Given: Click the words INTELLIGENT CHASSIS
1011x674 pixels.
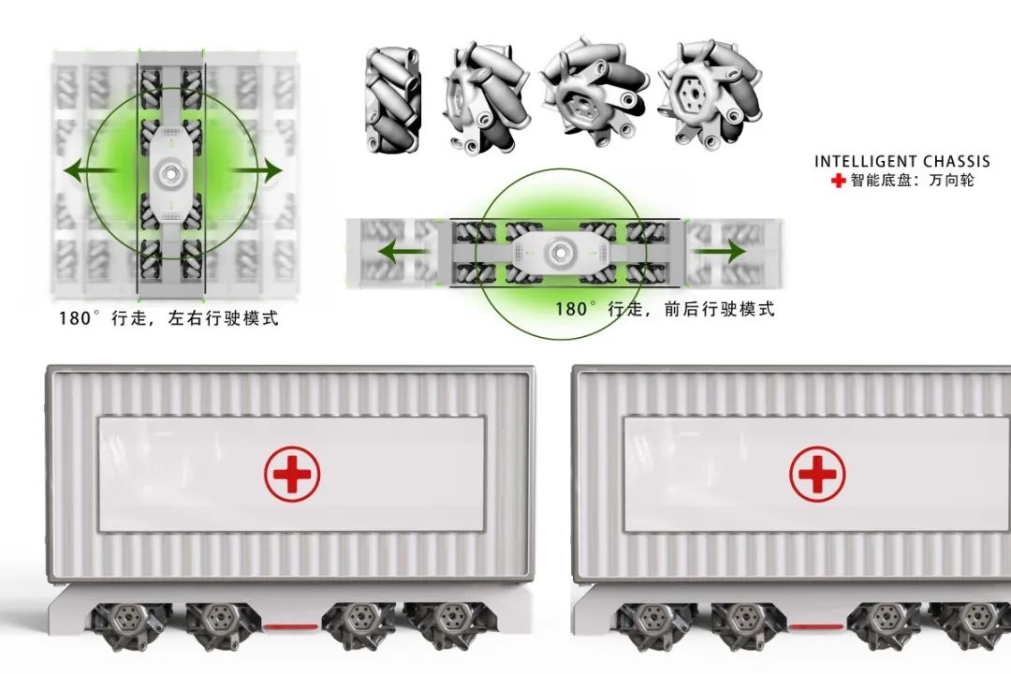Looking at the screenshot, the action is [901, 161].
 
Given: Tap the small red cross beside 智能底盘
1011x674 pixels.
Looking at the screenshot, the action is [838, 181].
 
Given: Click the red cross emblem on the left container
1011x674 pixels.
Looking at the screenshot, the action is [292, 474].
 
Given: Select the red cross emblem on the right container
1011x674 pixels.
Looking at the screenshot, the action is [817, 474].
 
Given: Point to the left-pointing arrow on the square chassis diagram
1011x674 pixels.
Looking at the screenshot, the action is [90, 171].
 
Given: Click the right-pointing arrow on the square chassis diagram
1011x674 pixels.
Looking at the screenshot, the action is [256, 171].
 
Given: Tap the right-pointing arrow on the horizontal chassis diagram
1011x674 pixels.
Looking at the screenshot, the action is [721, 251].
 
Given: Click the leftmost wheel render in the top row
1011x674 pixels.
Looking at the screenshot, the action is [392, 100].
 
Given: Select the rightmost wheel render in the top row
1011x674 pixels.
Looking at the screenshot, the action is [711, 95].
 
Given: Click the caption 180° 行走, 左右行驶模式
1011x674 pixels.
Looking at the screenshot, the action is [168, 318].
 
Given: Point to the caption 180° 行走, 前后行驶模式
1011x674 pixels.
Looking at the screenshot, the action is [665, 309].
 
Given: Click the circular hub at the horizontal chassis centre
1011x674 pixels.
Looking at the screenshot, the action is [558, 252].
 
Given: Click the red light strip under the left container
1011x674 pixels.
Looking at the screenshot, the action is [290, 625].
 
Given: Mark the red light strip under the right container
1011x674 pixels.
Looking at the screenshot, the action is [815, 625].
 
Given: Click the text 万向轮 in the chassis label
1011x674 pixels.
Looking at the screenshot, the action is [952, 181].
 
